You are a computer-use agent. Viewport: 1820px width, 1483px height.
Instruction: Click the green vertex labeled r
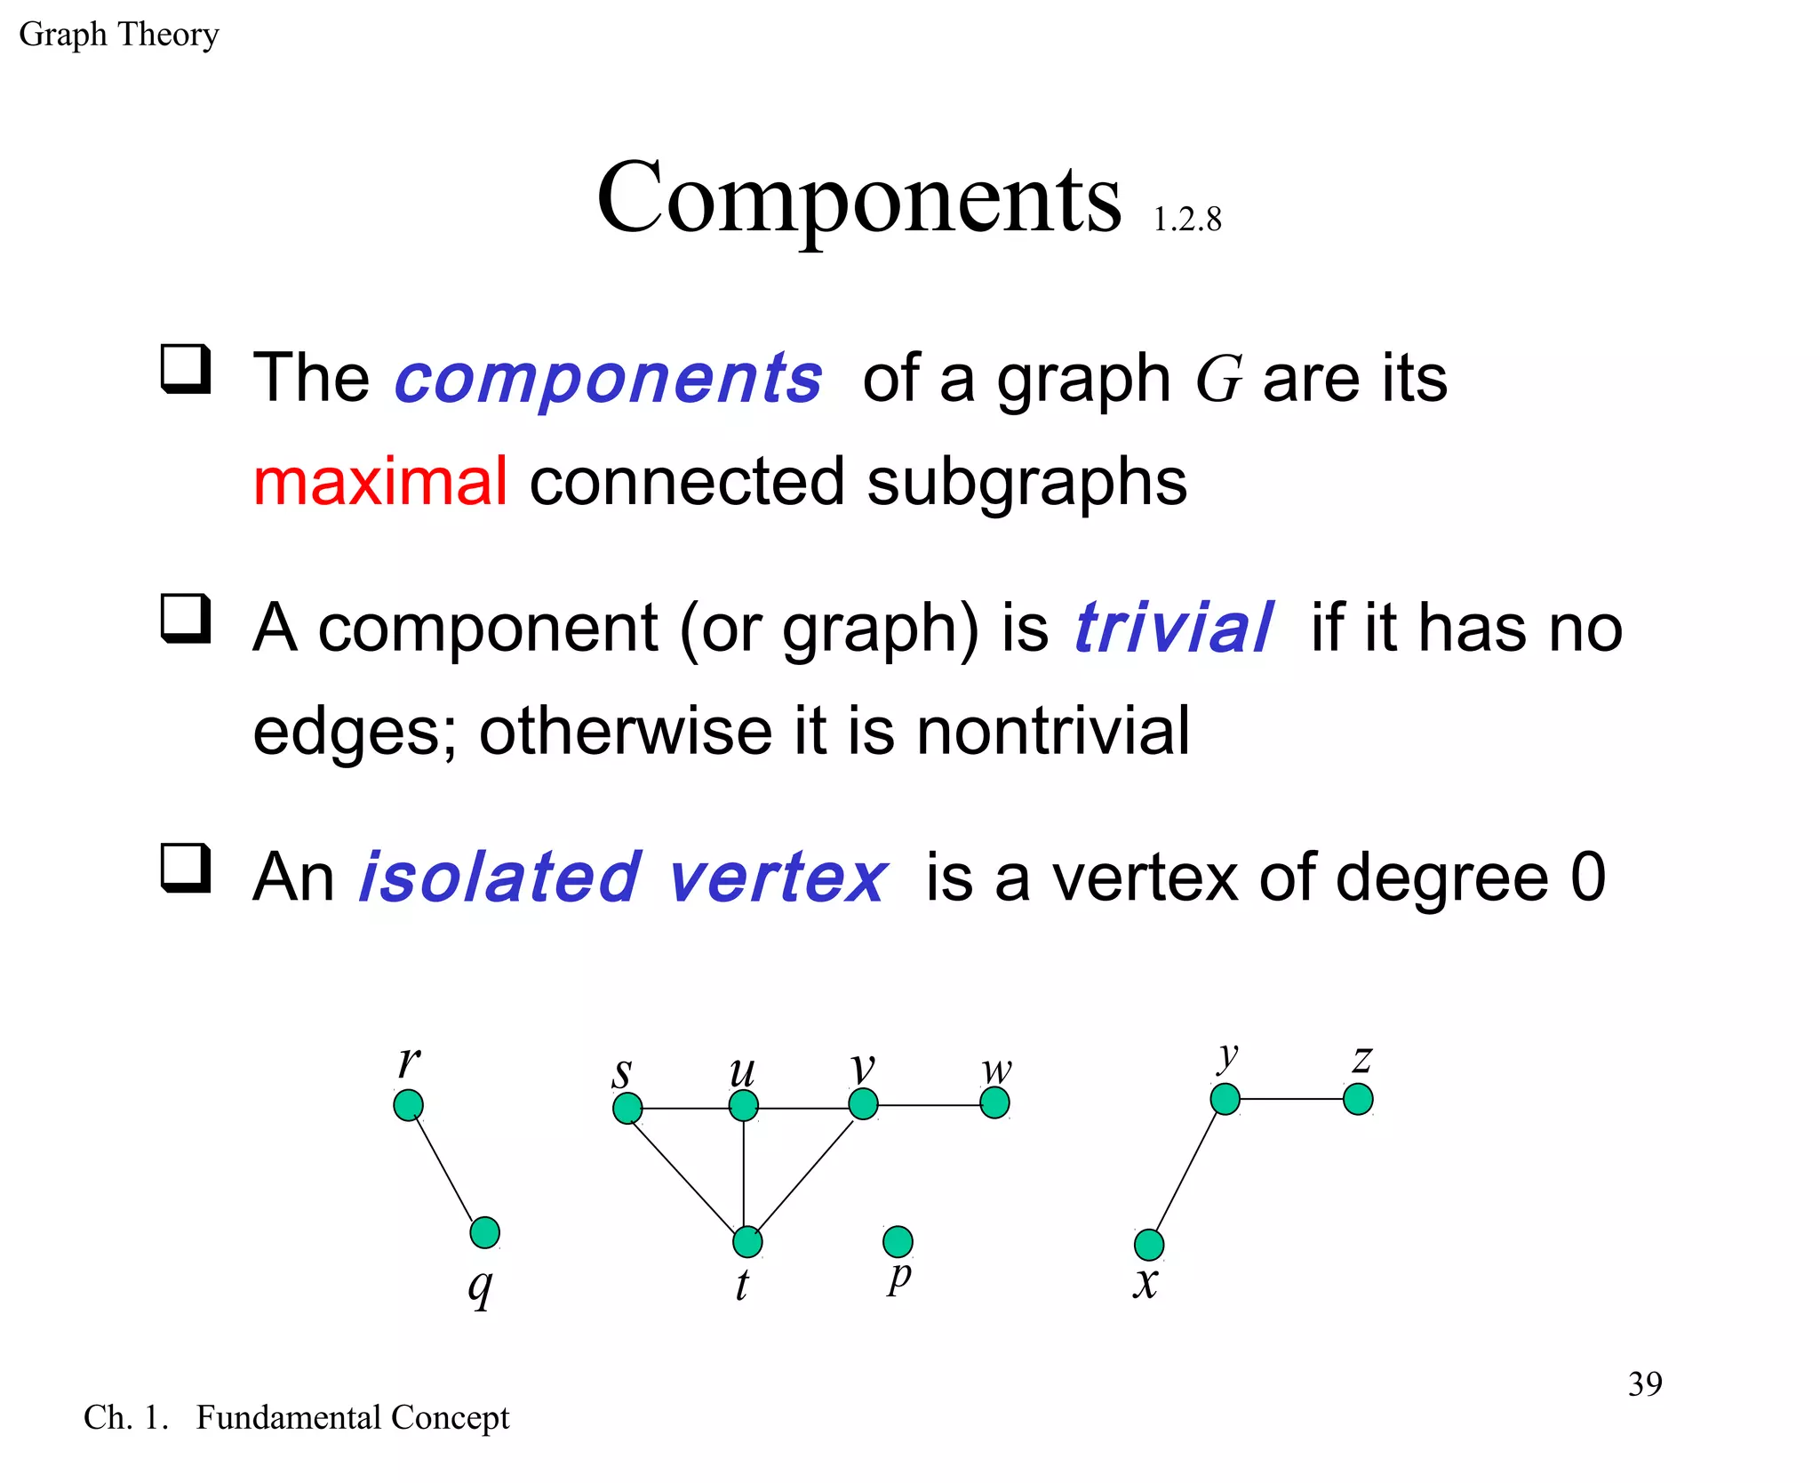point(408,1105)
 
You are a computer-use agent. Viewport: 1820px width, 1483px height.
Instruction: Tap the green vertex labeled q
point(484,1232)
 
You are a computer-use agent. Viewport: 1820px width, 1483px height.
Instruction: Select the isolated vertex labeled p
point(898,1240)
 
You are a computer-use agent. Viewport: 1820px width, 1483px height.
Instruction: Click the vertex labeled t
point(747,1241)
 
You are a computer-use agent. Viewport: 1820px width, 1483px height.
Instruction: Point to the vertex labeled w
point(994,1103)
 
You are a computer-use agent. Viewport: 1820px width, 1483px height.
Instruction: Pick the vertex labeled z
point(1358,1099)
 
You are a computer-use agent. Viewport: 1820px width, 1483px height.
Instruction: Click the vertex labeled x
point(1149,1245)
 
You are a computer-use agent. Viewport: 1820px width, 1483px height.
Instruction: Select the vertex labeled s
point(627,1108)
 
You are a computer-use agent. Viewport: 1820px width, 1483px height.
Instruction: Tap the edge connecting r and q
point(446,1169)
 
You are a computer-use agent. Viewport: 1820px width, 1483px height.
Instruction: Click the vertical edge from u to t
point(744,1174)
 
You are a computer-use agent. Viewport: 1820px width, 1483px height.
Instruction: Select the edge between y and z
point(1291,1099)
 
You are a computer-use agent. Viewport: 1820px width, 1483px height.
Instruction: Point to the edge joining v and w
point(929,1105)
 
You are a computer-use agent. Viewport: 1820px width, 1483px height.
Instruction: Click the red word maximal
point(380,481)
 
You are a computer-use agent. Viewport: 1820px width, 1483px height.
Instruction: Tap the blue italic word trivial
point(1173,628)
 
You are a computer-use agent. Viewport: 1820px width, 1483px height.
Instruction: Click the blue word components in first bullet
point(608,379)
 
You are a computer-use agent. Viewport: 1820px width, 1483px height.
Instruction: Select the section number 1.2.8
point(1186,220)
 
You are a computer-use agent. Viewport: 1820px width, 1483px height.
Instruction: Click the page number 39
point(1644,1383)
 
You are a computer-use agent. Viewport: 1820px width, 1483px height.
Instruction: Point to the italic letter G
point(1217,379)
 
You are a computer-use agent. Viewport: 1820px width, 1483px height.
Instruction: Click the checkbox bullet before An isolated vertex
point(186,868)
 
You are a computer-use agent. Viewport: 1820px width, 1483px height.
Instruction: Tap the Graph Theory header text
point(119,35)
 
